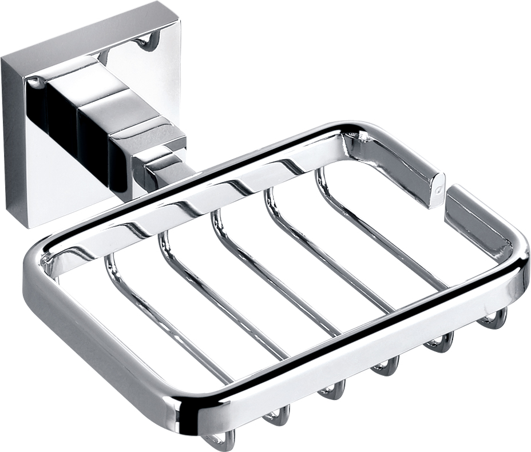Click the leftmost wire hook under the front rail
pos(221,441)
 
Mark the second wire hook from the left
pos(277,416)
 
